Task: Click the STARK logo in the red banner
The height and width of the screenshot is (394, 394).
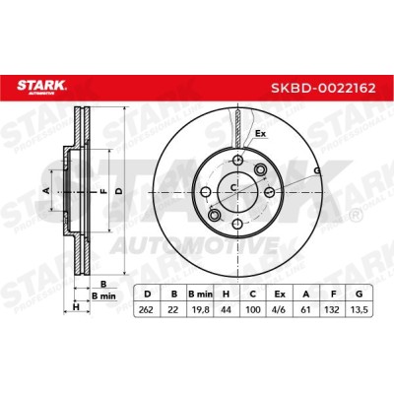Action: [41, 87]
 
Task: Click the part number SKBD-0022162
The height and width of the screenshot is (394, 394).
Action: [323, 88]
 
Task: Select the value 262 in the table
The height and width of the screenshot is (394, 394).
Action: [146, 309]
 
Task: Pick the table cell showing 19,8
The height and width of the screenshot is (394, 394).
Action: [200, 309]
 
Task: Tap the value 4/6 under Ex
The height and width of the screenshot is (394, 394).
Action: [279, 309]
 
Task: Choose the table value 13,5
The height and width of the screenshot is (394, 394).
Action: [359, 309]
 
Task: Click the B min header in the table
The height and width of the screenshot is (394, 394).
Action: [200, 295]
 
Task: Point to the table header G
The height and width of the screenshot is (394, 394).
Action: [360, 295]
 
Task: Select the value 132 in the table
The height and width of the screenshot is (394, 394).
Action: [332, 309]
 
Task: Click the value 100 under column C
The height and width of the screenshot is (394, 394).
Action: [253, 309]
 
